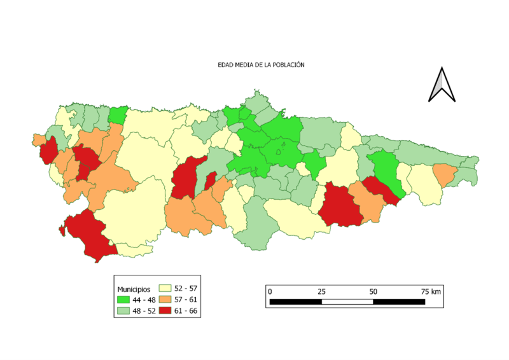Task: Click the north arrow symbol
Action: (442, 85)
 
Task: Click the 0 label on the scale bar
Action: (270, 291)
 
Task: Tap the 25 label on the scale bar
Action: (322, 291)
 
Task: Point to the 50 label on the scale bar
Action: (373, 291)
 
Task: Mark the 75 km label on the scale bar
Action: (430, 291)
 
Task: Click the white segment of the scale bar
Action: (347, 301)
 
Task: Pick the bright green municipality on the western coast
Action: (117, 115)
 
